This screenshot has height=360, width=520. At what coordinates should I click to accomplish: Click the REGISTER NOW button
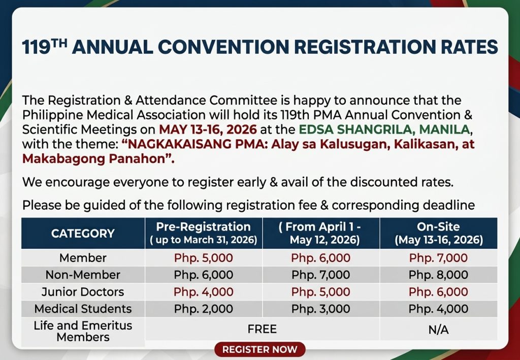(x=259, y=349)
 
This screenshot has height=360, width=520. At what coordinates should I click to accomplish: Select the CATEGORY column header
(x=83, y=234)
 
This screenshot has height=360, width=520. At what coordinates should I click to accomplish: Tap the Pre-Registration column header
(x=203, y=234)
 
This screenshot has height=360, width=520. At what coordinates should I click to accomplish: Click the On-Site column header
(x=438, y=234)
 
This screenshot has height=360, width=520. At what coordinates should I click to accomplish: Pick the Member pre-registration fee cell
(x=203, y=258)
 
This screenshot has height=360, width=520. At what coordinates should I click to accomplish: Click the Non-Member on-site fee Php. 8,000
(x=438, y=275)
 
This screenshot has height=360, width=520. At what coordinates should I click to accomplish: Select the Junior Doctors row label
(x=83, y=292)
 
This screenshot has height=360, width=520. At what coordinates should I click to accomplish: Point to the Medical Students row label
(x=83, y=309)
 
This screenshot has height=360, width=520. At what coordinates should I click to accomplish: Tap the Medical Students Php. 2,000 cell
(x=203, y=309)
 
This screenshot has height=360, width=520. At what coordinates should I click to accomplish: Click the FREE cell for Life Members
(x=262, y=329)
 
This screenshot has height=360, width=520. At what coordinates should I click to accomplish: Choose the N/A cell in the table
(x=438, y=330)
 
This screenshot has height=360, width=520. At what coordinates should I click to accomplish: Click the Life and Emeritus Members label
(x=83, y=331)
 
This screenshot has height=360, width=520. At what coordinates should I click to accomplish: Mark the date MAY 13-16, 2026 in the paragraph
(x=208, y=129)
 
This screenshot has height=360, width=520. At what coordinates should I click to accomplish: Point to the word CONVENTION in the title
(x=223, y=46)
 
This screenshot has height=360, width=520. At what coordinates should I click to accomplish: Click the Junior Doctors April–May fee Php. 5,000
(x=321, y=292)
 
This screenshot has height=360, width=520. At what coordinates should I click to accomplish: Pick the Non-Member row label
(x=83, y=275)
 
